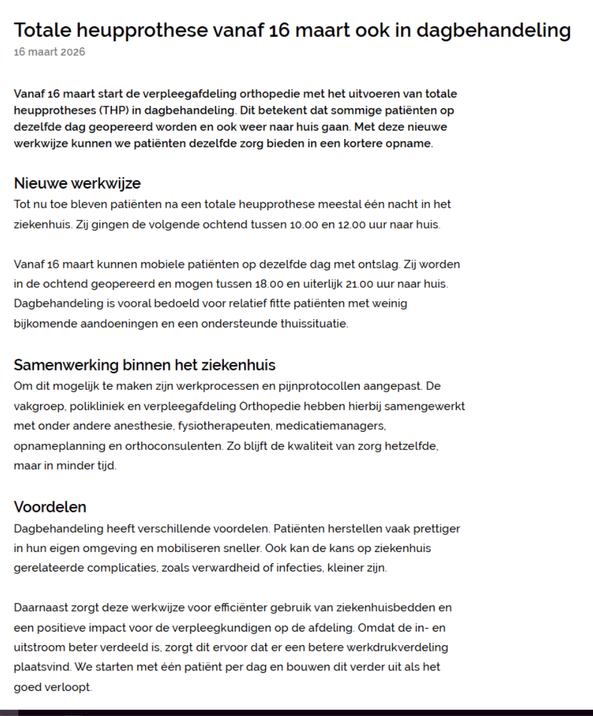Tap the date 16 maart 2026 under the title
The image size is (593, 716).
(x=49, y=52)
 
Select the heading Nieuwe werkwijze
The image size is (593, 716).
(x=77, y=183)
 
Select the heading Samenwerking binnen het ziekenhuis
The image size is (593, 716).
(x=144, y=365)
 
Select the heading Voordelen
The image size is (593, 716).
(x=50, y=507)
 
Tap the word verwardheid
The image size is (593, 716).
(x=220, y=568)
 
